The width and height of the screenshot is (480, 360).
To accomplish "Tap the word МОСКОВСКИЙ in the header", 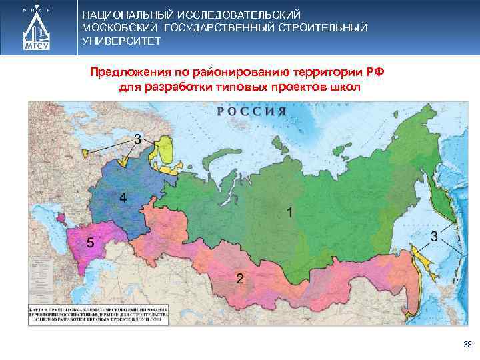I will pyautogui.click(x=119, y=27).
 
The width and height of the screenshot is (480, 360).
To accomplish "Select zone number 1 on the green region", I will pyautogui.click(x=289, y=212).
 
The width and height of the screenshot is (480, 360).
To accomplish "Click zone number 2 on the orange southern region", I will pyautogui.click(x=239, y=277).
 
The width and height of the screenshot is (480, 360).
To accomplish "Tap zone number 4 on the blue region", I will pyautogui.click(x=123, y=197).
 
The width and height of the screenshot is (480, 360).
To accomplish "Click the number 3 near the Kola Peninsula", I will pyautogui.click(x=137, y=139).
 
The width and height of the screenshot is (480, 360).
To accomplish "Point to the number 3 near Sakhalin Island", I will pyautogui.click(x=433, y=237).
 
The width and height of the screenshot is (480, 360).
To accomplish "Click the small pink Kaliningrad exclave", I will pyautogui.click(x=61, y=217).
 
